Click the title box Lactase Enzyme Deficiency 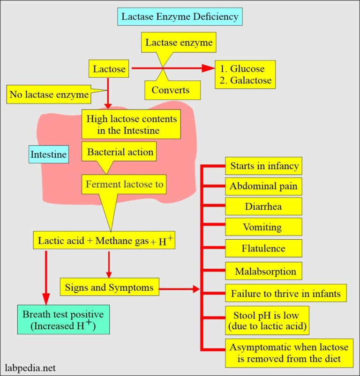pos(180,17)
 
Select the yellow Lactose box pos(109,69)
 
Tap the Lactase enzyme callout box pos(179,43)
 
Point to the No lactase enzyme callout pos(49,95)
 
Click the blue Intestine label pos(48,154)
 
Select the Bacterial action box pos(120,152)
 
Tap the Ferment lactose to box pos(124,184)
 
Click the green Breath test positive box pos(63,320)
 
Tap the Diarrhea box pos(262,206)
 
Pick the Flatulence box pos(263,248)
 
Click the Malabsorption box pos(263,271)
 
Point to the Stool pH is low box pos(266,319)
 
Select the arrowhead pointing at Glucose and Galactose pos(207,69)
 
